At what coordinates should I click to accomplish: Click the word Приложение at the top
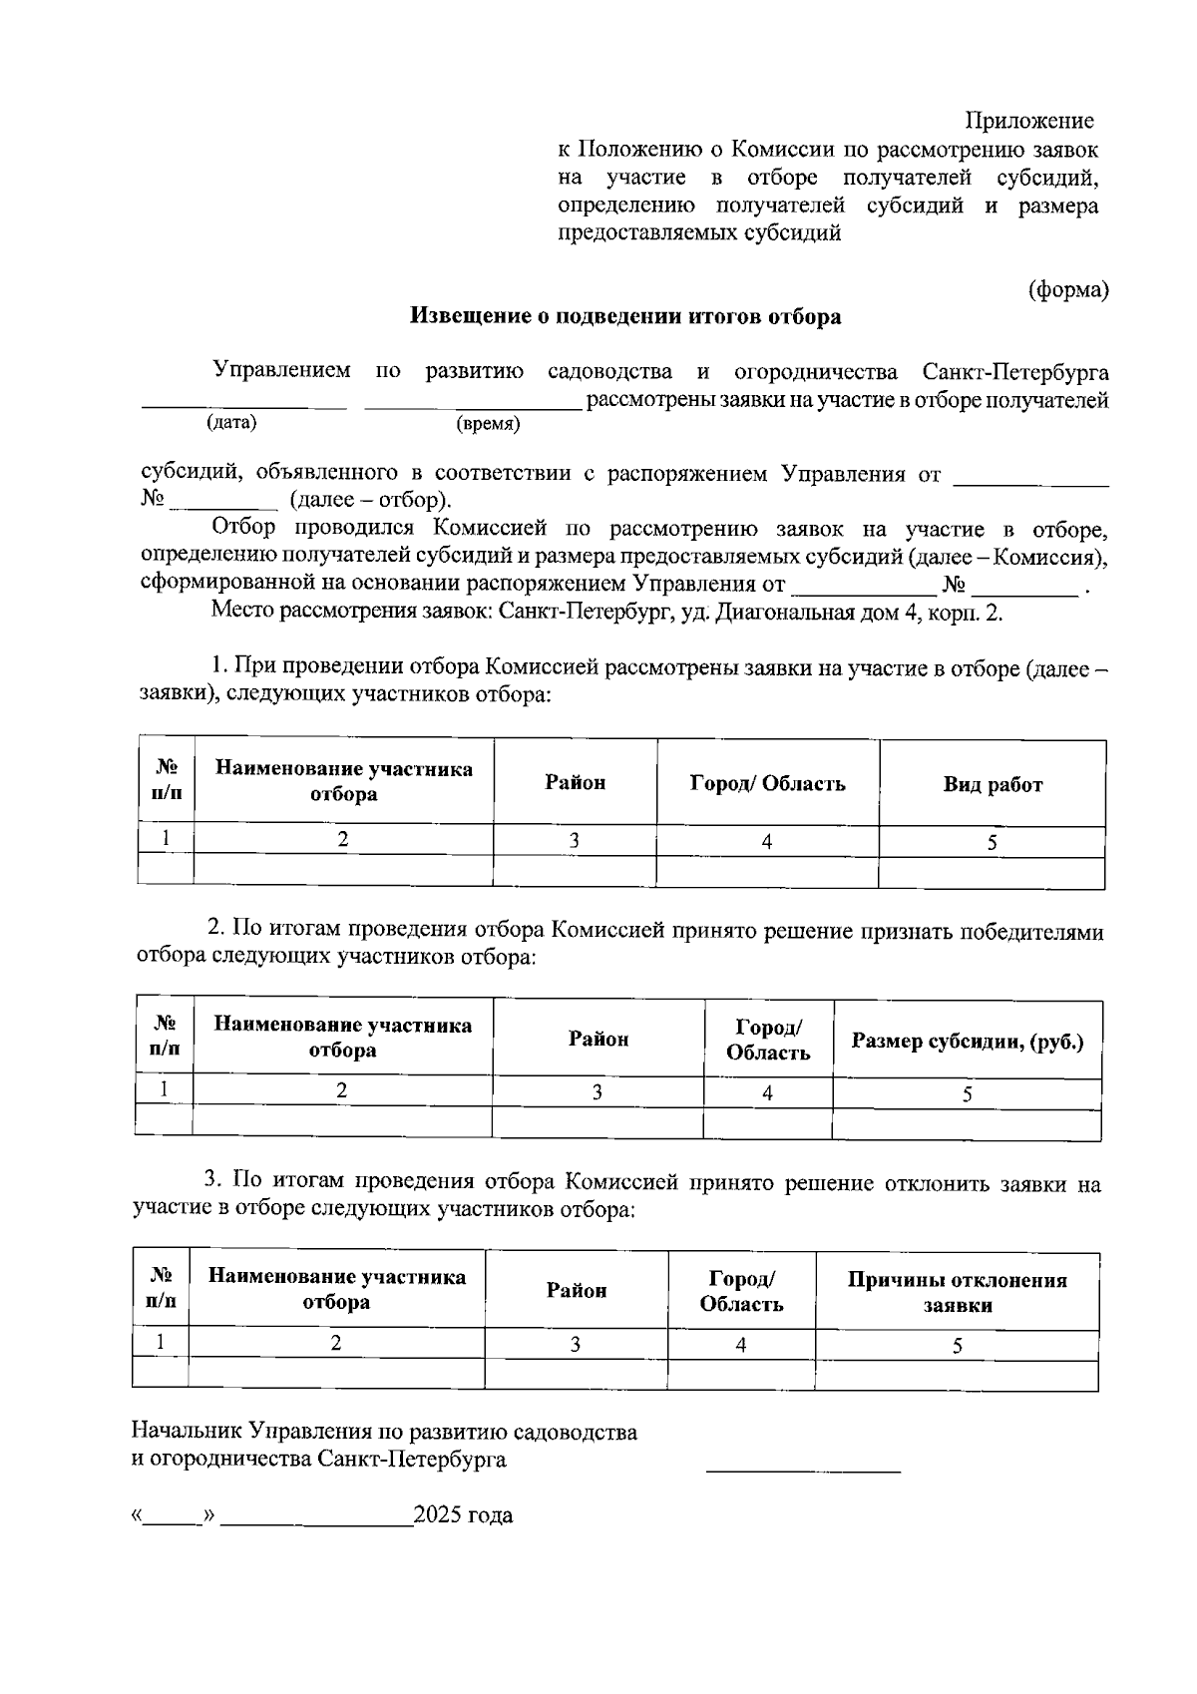click(1028, 122)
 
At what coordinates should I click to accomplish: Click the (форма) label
click(1068, 290)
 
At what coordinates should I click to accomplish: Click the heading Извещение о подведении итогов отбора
click(626, 317)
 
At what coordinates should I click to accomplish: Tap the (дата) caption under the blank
click(231, 422)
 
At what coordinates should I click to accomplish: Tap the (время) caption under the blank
click(488, 424)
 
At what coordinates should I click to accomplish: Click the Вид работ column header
click(993, 785)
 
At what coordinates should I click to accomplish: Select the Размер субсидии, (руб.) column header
click(967, 1042)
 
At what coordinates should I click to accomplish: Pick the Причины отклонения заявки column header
click(957, 1292)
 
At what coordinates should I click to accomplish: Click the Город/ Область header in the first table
click(767, 783)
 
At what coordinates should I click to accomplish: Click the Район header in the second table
click(598, 1040)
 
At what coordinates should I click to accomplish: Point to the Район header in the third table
click(577, 1290)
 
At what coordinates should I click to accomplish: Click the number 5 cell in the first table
click(993, 842)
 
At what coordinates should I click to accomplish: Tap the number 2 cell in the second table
click(342, 1090)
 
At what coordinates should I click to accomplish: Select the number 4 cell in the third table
click(741, 1345)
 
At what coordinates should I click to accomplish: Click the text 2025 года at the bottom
click(463, 1516)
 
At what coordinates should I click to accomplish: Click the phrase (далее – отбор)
click(370, 500)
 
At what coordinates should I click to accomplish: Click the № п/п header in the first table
click(167, 781)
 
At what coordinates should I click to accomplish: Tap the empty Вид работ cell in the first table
click(993, 872)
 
